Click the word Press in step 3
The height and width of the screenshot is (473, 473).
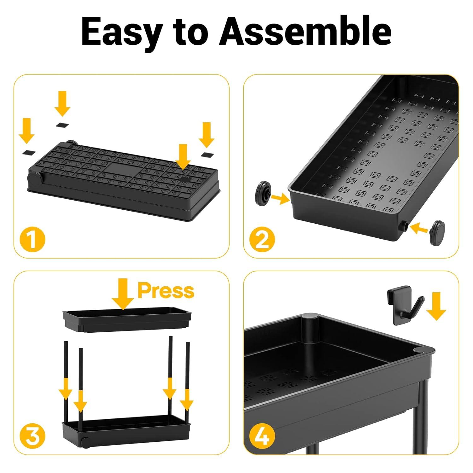coord(166,290)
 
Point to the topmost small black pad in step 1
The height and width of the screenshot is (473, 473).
coord(62,125)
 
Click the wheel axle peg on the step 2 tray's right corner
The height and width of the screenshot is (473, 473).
coord(404,225)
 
